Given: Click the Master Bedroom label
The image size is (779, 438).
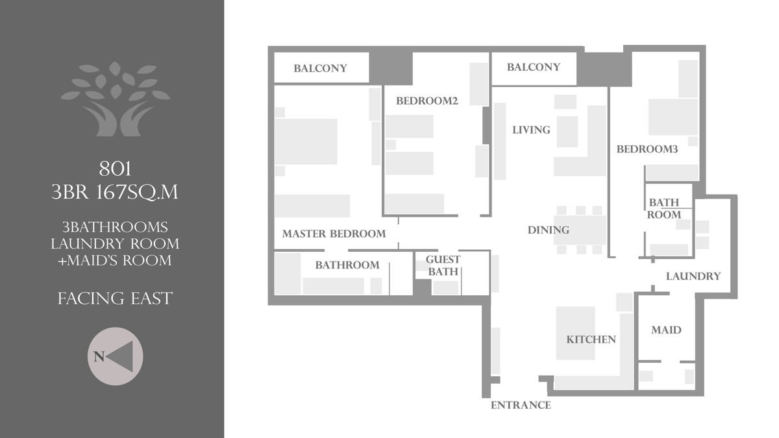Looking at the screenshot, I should point(334,234).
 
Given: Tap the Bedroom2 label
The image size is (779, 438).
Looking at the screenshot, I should point(427,101).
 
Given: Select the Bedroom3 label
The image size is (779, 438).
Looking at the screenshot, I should point(647,149).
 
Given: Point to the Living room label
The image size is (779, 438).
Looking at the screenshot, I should point(531,130).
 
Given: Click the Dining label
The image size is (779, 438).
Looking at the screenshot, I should point(548,230).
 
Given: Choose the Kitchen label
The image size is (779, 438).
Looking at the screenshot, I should point(591,339).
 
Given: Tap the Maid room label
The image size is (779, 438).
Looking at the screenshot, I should point(666,330).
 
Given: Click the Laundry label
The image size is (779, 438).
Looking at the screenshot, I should point(693,276).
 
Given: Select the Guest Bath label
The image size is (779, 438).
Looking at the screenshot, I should point(443,266).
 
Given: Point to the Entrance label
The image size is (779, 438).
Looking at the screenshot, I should point(521,406).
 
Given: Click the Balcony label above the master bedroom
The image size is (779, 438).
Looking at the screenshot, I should point(320,68).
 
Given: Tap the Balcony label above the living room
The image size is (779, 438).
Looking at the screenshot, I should point(534,67).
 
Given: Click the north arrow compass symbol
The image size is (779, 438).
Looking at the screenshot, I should point(115,356).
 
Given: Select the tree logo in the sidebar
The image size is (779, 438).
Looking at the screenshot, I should point(115,99).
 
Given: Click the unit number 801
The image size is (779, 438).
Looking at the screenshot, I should point(115,169).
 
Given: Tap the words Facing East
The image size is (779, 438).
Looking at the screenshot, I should point(115,298).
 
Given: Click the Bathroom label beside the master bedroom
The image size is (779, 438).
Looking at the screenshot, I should point(347,265).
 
